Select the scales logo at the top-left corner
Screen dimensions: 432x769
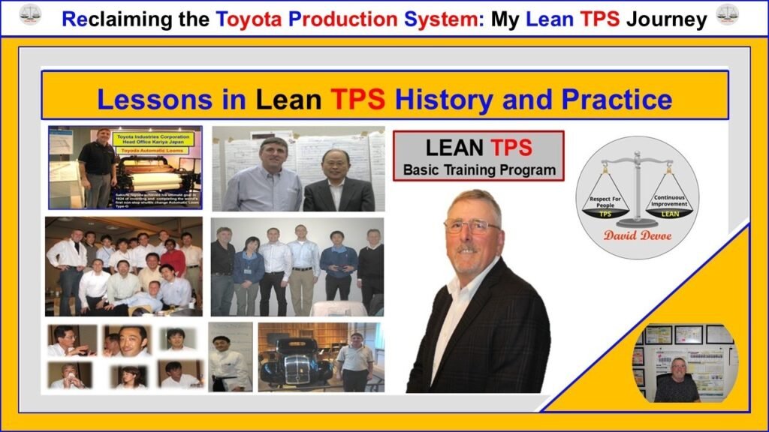coord(31,13)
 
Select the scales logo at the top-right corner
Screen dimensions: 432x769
coord(727,13)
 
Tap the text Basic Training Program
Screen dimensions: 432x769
coord(479,169)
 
